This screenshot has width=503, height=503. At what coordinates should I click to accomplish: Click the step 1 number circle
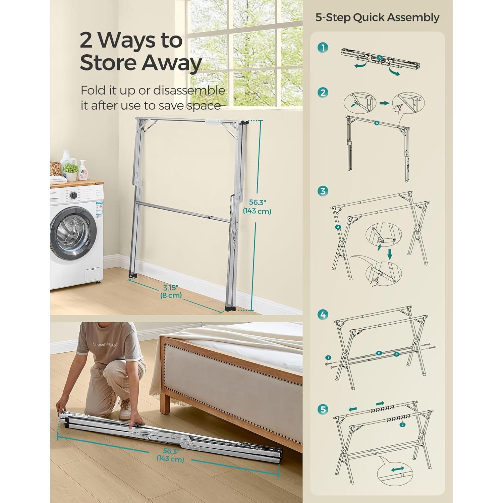pos(323,48)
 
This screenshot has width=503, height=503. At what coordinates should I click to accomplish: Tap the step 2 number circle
pos(323,93)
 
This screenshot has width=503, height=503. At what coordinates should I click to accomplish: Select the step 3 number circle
pos(323,191)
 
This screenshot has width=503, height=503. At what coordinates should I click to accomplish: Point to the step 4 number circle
pos(323,315)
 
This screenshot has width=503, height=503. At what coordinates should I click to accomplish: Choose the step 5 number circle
pos(323,409)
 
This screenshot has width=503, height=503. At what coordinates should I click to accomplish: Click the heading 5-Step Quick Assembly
pos(377,17)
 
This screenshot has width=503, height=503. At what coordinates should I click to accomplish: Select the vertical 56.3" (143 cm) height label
pos(257,207)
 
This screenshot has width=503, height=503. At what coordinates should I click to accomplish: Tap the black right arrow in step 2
pos(384,103)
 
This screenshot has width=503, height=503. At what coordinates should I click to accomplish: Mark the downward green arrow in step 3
pos(390,254)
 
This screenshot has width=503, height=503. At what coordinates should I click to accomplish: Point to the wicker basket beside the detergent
pos(56,168)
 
